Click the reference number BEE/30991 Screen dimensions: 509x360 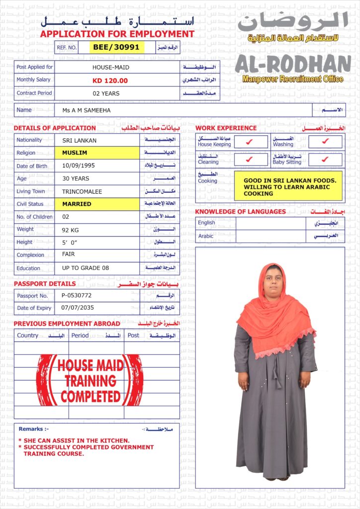(x=116, y=47)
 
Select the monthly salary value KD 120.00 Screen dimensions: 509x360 (x=110, y=81)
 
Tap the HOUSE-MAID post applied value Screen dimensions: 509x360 (x=110, y=67)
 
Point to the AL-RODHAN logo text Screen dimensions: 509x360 (x=293, y=64)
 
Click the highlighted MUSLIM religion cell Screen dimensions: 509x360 (x=75, y=153)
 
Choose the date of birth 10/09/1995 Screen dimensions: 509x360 (x=79, y=166)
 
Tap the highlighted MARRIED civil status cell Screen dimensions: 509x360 (x=77, y=204)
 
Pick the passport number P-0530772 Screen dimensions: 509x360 (x=77, y=295)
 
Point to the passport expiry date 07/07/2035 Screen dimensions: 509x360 (x=77, y=308)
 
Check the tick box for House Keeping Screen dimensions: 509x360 (x=250, y=142)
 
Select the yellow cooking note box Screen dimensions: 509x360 (x=288, y=186)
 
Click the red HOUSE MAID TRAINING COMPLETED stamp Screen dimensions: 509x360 (x=90, y=380)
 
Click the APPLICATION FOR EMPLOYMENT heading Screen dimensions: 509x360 (x=117, y=34)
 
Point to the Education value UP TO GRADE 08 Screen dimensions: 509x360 (x=85, y=268)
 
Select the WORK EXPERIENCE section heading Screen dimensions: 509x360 (x=226, y=128)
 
